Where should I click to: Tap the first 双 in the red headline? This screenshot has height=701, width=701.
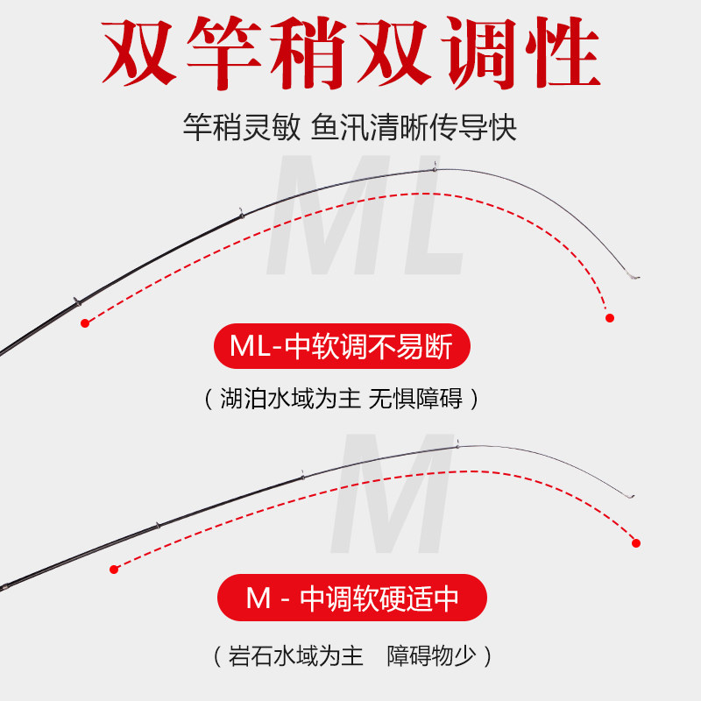point(143,50)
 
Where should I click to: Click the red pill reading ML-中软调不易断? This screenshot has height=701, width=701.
point(343,348)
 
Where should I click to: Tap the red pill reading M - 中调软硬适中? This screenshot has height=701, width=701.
point(350,599)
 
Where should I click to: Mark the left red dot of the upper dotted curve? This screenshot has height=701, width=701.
point(85,323)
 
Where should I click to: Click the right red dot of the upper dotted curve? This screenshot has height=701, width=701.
point(610,317)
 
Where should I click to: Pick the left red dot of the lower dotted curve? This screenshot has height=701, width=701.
point(113,570)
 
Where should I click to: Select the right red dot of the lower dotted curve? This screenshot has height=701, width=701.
point(637,544)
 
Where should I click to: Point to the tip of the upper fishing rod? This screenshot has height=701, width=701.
point(638,279)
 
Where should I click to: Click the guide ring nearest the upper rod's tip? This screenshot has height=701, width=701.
point(435,168)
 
